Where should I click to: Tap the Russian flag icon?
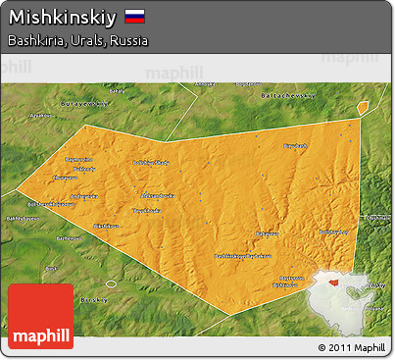[135, 17]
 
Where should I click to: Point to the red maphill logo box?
[40, 316]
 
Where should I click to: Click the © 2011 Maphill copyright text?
[352, 347]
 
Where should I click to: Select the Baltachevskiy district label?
[288, 96]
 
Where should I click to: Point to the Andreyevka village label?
[83, 196]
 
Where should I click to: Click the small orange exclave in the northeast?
[363, 106]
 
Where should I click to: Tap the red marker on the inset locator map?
[335, 282]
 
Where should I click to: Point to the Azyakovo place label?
[41, 142]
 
